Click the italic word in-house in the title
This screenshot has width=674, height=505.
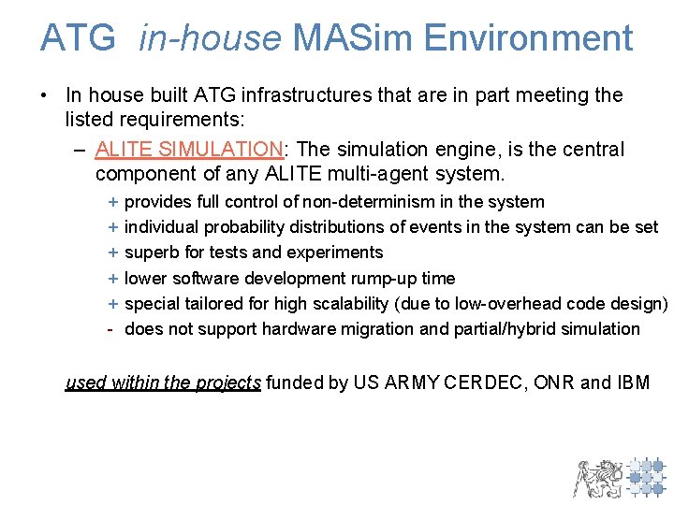point(210,38)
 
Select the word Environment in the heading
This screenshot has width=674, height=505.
point(528,38)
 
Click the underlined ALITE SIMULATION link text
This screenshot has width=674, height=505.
point(189,150)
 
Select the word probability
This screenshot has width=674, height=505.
point(245,227)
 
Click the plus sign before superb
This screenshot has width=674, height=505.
point(112,252)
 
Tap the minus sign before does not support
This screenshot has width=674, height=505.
point(111,329)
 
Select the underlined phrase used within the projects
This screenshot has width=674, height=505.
point(163,382)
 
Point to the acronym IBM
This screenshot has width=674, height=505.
point(633,382)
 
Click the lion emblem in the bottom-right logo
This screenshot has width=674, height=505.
point(597,477)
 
